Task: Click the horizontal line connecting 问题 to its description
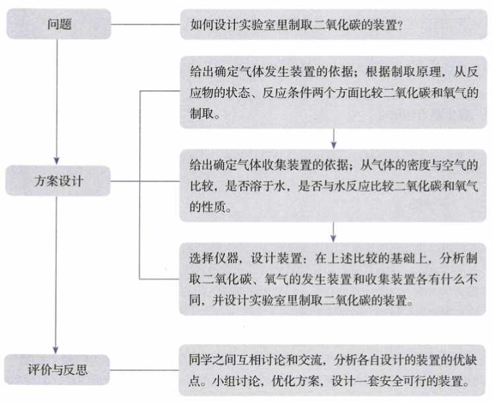pyautogui.click(x=145, y=25)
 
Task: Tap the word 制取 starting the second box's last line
pyautogui.click(x=199, y=114)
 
